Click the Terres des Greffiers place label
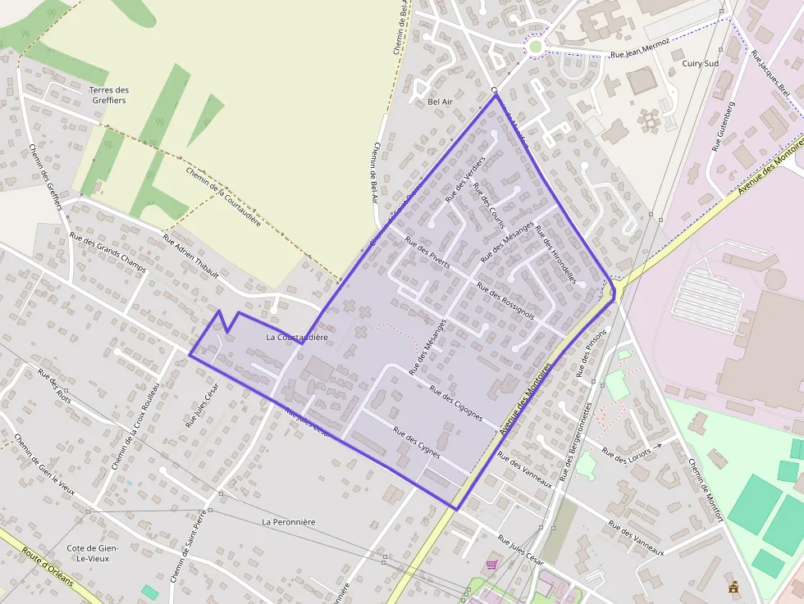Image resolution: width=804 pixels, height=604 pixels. click(109, 95)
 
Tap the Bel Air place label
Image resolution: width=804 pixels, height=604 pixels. click(441, 102)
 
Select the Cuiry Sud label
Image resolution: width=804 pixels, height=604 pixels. click(700, 63)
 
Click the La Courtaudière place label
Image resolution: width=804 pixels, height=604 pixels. click(297, 337)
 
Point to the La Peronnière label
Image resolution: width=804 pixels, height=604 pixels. click(288, 521)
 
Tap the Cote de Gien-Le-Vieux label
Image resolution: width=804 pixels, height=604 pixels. click(93, 553)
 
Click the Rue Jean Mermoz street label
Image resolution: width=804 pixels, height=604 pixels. click(641, 48)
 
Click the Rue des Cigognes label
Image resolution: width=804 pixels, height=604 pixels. click(455, 402)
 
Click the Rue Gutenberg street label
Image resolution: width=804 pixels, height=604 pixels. click(722, 127)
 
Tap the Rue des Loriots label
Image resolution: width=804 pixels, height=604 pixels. click(626, 452)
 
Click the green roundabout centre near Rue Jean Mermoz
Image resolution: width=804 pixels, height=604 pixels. click(536, 47)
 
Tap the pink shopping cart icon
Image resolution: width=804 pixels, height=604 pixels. click(491, 565)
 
